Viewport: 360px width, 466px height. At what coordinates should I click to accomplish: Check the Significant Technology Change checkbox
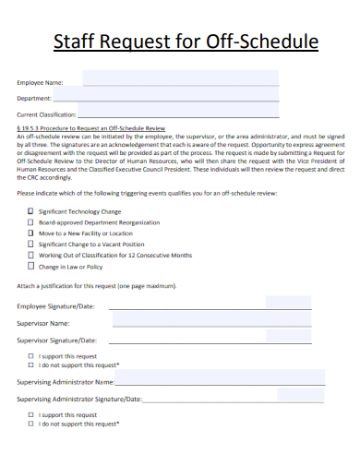(x=30, y=210)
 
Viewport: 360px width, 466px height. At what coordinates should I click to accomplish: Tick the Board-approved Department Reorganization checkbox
(x=30, y=221)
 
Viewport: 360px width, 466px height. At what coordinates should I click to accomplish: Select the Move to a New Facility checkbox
(x=30, y=233)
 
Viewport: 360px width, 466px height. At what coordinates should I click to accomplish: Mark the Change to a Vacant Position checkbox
(x=30, y=244)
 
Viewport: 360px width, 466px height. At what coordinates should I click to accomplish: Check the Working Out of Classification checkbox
(x=30, y=255)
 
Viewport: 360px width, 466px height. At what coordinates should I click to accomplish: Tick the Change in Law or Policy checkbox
(x=30, y=266)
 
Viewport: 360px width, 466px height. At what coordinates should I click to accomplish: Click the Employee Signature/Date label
(x=55, y=305)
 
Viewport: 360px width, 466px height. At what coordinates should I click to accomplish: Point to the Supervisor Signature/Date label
(x=57, y=340)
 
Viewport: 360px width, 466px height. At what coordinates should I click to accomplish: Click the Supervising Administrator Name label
(x=66, y=380)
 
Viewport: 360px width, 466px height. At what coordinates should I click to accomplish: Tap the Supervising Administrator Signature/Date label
(x=79, y=399)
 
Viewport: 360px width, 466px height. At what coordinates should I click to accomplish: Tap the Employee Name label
(x=40, y=81)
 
